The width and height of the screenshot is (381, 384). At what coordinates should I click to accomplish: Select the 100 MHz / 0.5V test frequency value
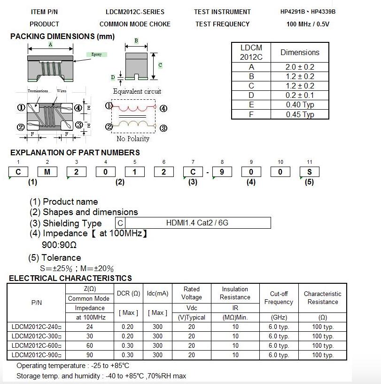308,24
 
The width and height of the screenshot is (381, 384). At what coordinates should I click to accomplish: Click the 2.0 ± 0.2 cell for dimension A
300,67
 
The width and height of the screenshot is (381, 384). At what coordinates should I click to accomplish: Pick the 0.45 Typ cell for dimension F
300,114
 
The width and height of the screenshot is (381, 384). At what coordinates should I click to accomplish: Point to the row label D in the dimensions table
251,95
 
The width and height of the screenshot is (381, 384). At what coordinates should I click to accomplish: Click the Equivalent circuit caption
137,91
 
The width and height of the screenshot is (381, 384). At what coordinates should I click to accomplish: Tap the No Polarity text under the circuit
133,139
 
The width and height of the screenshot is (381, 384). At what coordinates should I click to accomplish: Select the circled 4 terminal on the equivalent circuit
163,109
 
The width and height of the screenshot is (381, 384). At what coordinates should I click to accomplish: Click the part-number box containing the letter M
47,172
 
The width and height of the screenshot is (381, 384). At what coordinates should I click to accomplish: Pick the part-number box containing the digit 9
222,172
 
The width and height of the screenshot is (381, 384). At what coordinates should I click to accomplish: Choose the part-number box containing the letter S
309,172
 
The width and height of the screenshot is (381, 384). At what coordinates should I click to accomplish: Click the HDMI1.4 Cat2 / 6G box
197,223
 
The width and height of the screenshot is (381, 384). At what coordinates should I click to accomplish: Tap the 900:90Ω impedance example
59,245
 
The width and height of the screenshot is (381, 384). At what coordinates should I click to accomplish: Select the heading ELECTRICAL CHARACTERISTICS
70,278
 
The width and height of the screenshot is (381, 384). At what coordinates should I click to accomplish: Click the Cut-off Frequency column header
279,298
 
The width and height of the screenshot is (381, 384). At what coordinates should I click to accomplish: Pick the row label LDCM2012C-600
37,346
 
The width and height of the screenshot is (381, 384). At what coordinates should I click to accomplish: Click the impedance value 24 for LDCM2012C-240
90,327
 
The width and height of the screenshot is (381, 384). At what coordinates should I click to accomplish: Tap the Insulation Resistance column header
235,293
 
